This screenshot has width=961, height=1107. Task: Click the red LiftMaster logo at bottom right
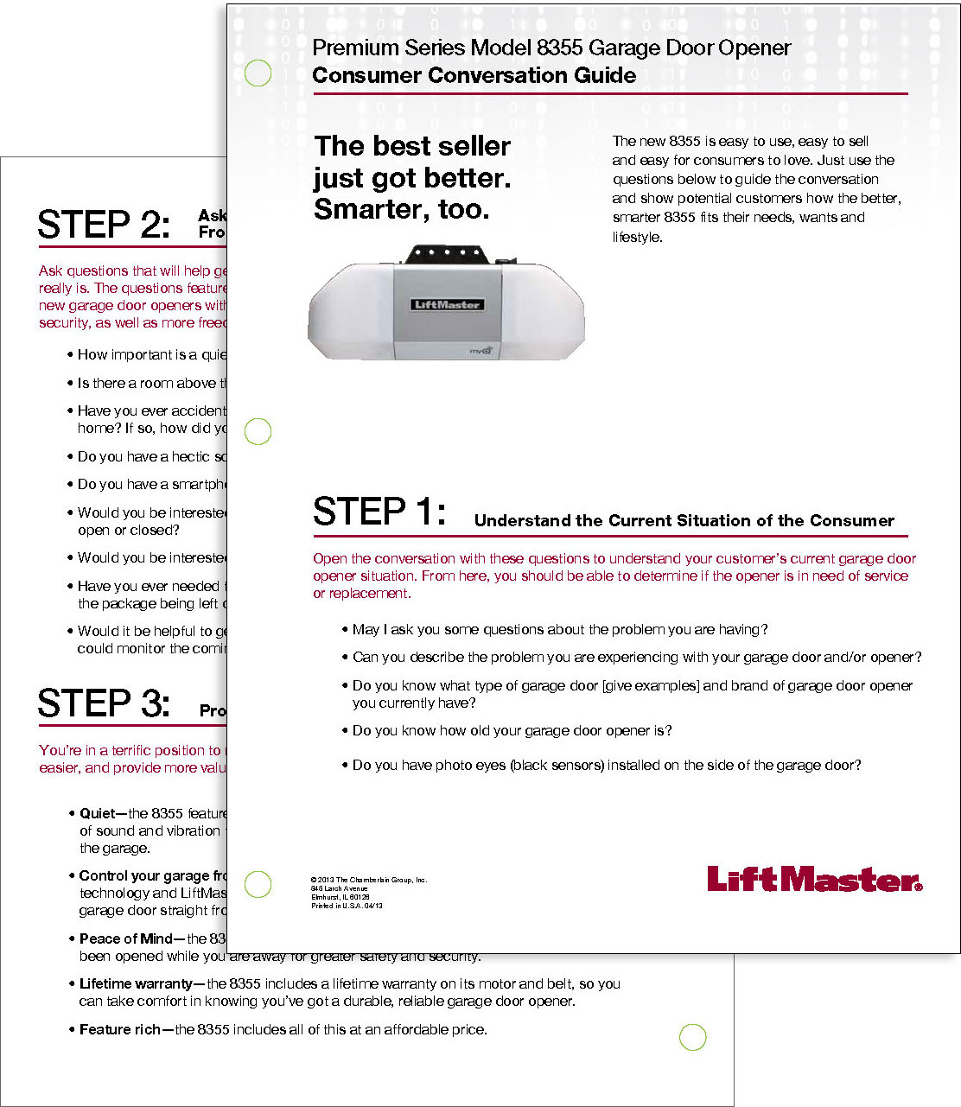(x=814, y=879)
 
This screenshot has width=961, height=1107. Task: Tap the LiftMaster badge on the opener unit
(x=447, y=304)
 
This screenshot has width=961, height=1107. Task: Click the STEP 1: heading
(x=379, y=512)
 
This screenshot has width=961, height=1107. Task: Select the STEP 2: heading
(x=104, y=225)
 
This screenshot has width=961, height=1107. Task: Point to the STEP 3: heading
(x=104, y=703)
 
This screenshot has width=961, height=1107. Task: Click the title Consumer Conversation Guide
(x=474, y=75)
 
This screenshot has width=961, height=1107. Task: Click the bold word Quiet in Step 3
(x=97, y=813)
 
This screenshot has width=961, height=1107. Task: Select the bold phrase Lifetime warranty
(x=136, y=983)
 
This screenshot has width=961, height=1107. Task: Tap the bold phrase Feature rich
(x=119, y=1029)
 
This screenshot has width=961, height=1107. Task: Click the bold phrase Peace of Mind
(x=126, y=938)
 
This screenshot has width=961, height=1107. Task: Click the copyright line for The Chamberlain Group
(x=368, y=880)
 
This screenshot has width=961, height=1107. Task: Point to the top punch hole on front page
(x=258, y=73)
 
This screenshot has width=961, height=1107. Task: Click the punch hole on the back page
(x=693, y=1037)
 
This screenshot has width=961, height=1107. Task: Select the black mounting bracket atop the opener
(x=446, y=254)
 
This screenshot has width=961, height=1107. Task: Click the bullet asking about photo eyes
(x=606, y=765)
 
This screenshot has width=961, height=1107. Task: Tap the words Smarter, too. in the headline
(x=401, y=209)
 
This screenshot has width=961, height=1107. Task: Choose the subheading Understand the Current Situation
(x=684, y=520)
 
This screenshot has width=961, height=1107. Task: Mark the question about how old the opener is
(x=512, y=730)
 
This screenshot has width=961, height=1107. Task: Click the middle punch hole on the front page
(x=258, y=431)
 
